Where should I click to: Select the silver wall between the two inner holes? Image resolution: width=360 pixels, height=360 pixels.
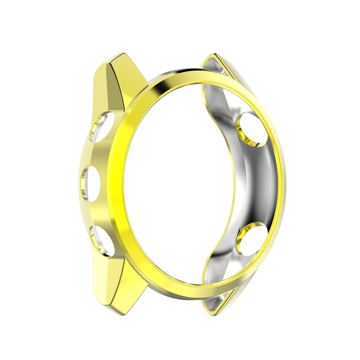[257, 184]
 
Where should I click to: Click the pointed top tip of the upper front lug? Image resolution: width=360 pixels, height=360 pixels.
[122, 54]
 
